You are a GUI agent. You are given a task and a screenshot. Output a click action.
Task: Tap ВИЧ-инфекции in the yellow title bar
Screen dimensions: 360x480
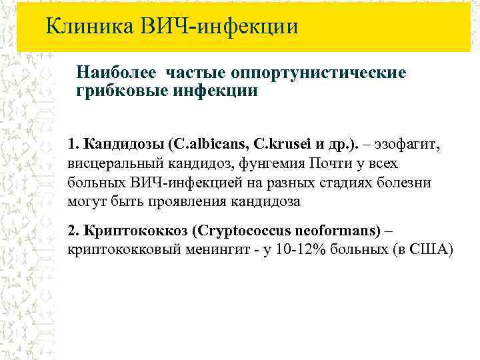pos(219,27)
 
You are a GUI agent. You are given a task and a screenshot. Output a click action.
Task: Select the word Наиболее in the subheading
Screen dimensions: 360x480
pos(117,71)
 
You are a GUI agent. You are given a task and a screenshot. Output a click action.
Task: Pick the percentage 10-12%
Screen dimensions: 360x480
pos(292,249)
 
